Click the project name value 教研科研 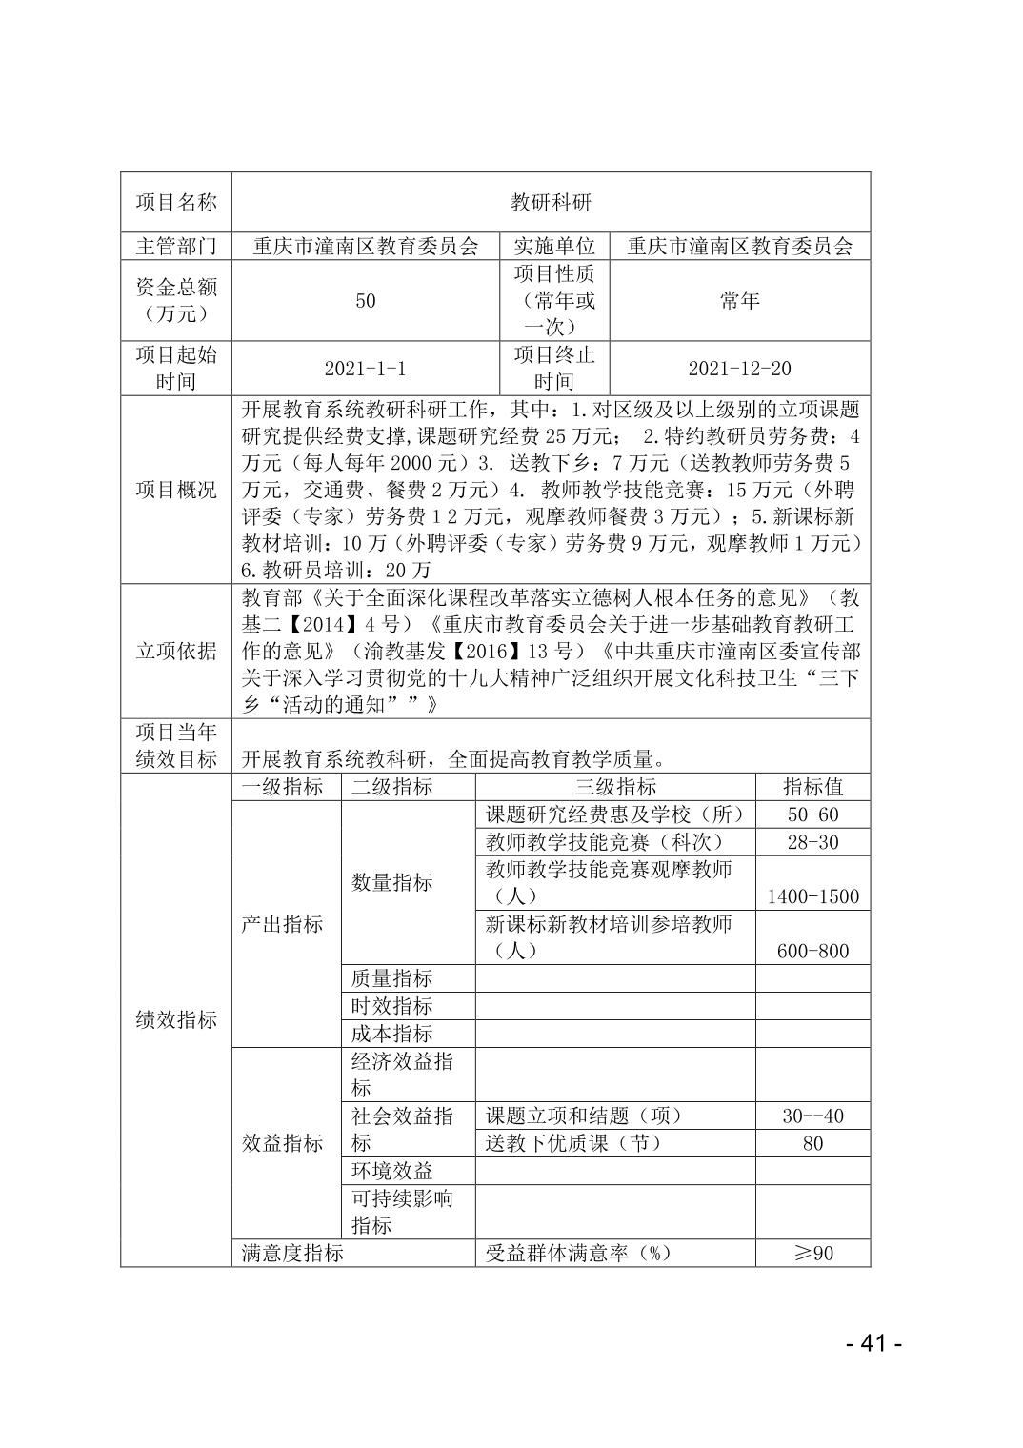[551, 202]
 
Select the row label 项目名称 [176, 202]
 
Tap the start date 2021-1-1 [365, 369]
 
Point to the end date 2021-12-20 [739, 369]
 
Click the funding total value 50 [365, 301]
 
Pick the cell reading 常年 [739, 301]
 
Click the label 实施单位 [554, 246]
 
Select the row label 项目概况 [176, 490]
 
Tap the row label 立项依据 [176, 652]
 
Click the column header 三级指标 [614, 787]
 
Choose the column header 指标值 [812, 787]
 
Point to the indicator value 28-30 [812, 842]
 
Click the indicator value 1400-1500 [812, 896]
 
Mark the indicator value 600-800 [812, 951]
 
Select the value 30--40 [812, 1116]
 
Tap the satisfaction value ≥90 [812, 1253]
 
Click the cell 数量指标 [391, 882]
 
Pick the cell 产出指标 [282, 924]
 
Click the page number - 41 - [873, 1343]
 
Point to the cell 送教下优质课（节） [573, 1143]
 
